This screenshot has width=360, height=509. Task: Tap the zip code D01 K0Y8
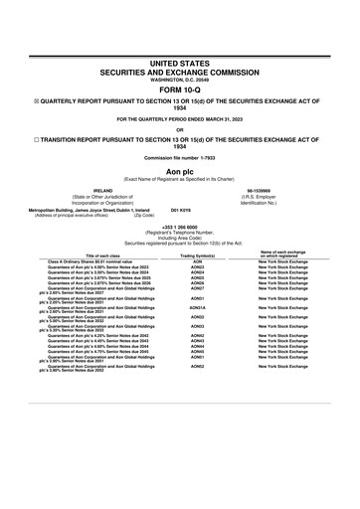(x=182, y=210)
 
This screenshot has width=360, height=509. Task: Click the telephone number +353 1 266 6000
(x=180, y=226)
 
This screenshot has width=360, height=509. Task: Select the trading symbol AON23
(x=197, y=267)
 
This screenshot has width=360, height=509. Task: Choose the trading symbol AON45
(x=197, y=351)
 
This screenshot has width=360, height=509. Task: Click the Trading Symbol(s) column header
(x=197, y=254)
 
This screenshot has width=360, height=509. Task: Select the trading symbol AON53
(x=197, y=367)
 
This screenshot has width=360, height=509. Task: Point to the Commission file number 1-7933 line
(x=180, y=157)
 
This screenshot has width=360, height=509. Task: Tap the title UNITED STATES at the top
(x=180, y=63)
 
